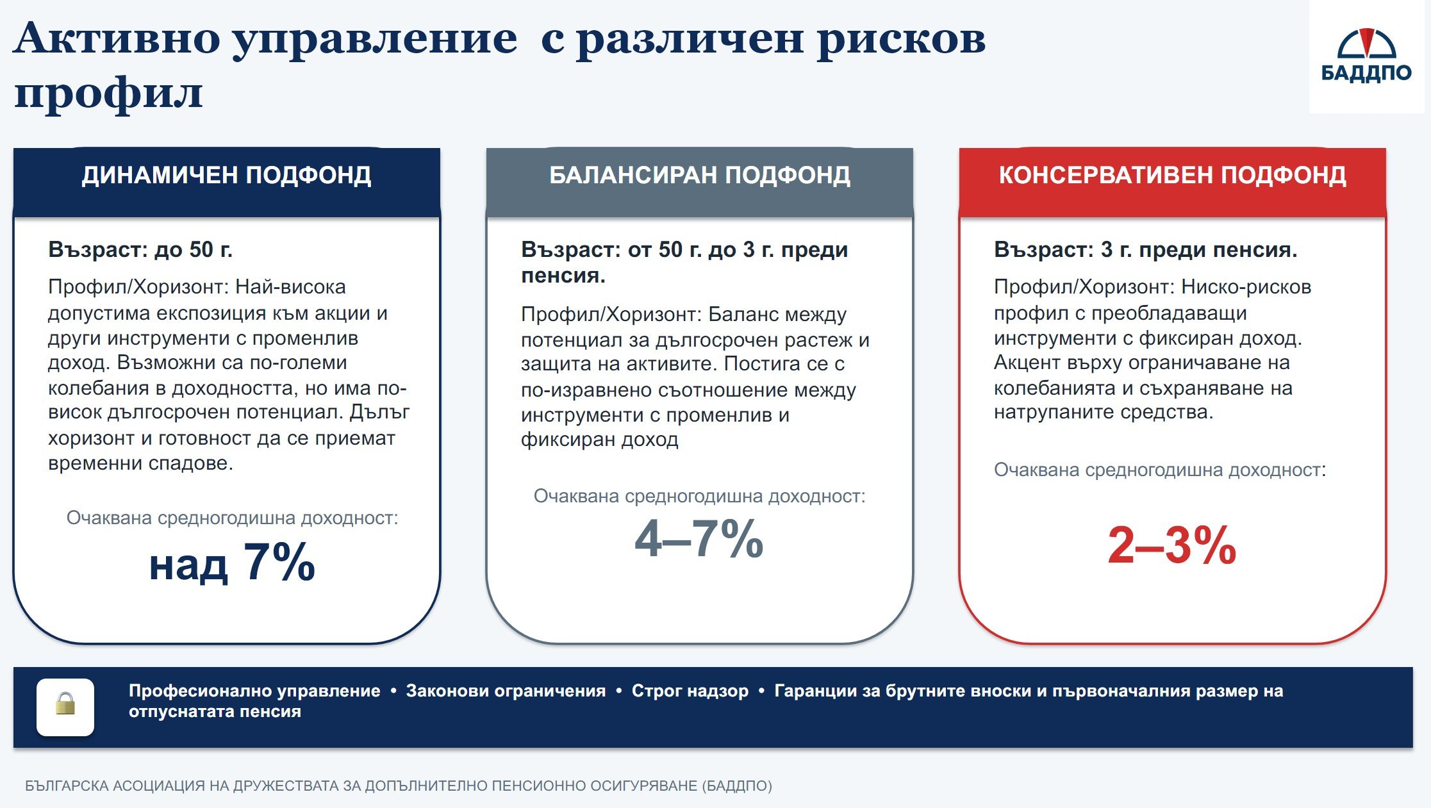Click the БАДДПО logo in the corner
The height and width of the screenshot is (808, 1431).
[1366, 56]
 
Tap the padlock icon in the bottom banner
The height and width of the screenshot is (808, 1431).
[65, 704]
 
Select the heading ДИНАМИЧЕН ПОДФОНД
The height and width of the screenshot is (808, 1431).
[226, 176]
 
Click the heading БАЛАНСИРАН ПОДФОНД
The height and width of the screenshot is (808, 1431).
[700, 176]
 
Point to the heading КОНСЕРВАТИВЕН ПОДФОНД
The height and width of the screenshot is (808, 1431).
[1173, 176]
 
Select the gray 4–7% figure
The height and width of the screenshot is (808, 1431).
[699, 539]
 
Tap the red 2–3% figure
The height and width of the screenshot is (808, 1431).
[1172, 545]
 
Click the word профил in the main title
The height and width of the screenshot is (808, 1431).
[108, 94]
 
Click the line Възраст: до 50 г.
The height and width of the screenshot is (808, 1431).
[140, 249]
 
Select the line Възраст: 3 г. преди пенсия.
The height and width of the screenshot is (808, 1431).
[1146, 249]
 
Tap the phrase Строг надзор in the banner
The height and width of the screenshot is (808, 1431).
[690, 691]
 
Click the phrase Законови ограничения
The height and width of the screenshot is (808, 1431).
[506, 691]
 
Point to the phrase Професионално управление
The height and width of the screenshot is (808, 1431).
[254, 691]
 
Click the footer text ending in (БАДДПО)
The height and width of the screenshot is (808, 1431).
[399, 786]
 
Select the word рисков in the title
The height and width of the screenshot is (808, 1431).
[902, 39]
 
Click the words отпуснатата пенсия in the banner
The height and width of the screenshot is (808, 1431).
[215, 711]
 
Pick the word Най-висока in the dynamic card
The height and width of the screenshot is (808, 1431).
[291, 286]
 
